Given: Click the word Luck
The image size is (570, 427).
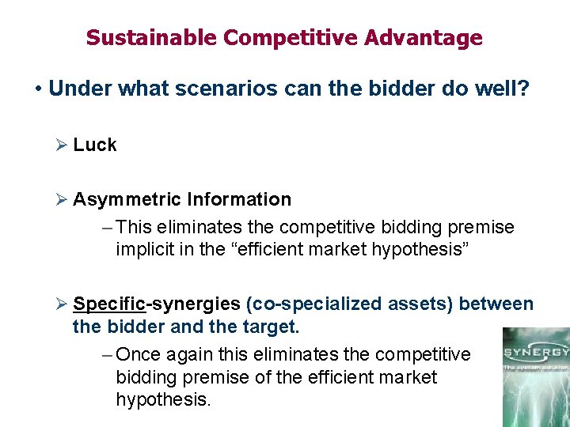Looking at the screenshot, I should [x=95, y=145].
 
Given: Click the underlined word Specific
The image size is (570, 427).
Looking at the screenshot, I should [x=109, y=304].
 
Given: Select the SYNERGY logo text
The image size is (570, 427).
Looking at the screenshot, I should [x=535, y=351].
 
